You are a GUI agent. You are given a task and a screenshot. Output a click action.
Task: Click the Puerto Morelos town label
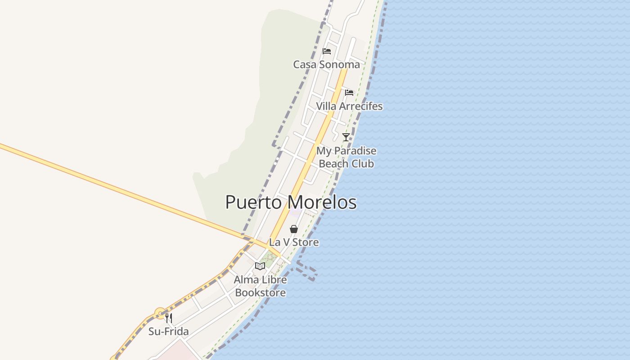(x=291, y=202)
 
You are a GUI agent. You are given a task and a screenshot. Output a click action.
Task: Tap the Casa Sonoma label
(x=326, y=64)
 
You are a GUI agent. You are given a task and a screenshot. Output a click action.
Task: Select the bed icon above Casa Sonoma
(x=327, y=51)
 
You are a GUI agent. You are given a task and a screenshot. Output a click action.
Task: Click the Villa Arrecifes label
(x=349, y=106)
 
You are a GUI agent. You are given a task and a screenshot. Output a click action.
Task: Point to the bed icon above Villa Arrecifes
(x=349, y=93)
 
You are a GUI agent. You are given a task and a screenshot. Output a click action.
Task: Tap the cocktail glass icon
(x=346, y=137)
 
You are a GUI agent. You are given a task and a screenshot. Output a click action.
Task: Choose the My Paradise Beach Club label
(x=346, y=157)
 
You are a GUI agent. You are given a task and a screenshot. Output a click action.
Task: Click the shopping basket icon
(x=294, y=229)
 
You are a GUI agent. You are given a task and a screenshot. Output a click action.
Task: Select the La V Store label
(x=294, y=242)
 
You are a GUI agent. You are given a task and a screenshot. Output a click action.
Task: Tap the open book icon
(x=260, y=266)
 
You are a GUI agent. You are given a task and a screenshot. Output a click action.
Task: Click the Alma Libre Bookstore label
(x=260, y=286)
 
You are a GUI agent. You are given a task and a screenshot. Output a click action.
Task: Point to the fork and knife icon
(x=169, y=318)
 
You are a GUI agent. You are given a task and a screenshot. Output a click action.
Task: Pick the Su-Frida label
(x=169, y=332)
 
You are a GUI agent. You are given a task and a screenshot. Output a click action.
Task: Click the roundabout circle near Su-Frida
(x=160, y=313)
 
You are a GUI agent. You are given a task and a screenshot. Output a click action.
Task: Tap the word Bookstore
(x=260, y=293)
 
